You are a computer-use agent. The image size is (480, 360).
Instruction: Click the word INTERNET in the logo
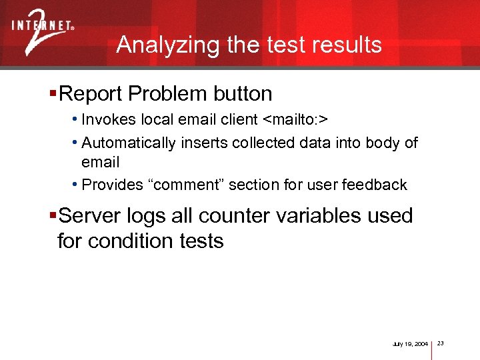(x=41, y=27)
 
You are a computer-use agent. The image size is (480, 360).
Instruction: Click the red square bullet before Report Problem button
(x=53, y=94)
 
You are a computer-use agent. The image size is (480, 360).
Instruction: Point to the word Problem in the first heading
(x=161, y=94)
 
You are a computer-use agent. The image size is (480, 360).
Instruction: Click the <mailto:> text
(x=296, y=120)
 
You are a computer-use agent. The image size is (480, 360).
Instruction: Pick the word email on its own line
(x=100, y=162)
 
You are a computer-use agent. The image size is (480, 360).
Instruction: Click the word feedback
(x=377, y=185)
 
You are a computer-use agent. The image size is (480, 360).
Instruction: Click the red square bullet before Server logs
(x=53, y=216)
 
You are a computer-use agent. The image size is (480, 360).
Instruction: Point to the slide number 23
(x=440, y=343)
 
